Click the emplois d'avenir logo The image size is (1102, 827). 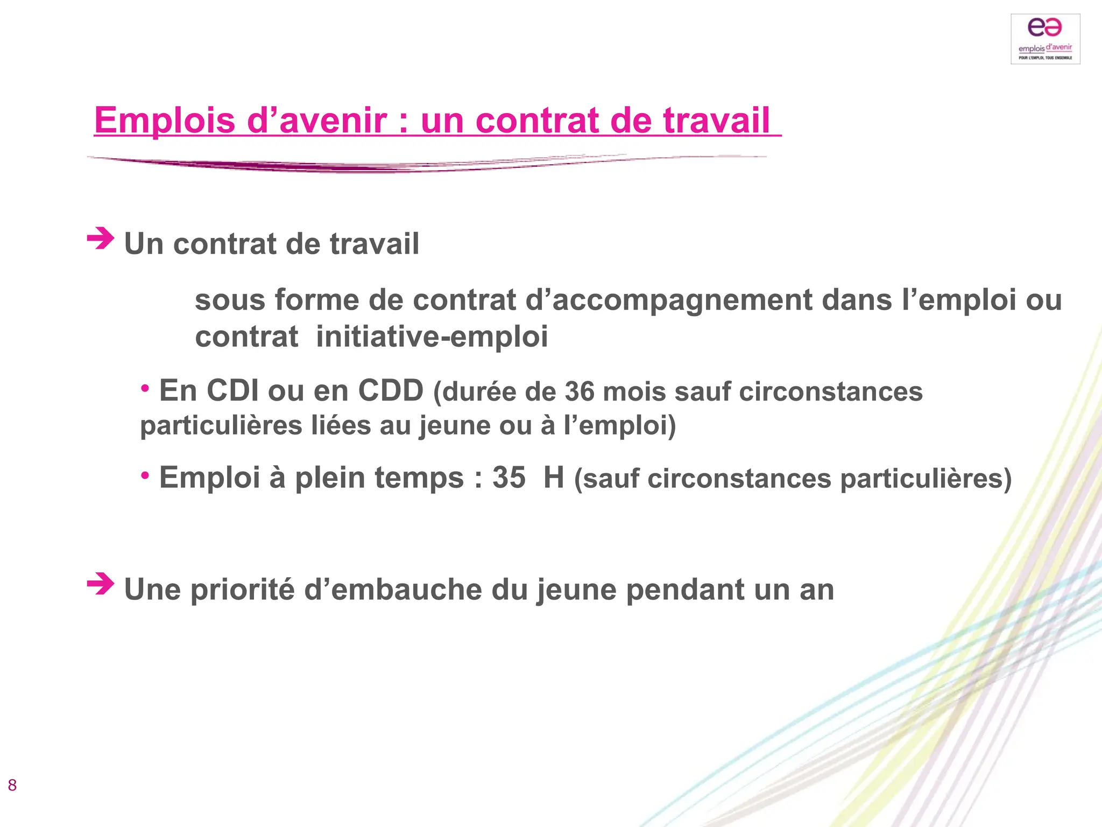[x=1045, y=39]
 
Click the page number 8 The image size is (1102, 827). [x=12, y=785]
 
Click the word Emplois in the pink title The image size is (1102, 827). [x=165, y=120]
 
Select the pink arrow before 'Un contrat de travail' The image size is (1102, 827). [x=101, y=239]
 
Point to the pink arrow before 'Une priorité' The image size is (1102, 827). [x=101, y=584]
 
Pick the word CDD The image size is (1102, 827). [x=391, y=390]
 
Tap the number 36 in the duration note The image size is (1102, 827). [x=580, y=391]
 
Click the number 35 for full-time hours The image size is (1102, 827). [x=508, y=478]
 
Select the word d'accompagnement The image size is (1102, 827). [x=668, y=300]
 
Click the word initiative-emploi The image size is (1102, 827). [x=432, y=337]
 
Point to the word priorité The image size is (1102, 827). [x=242, y=590]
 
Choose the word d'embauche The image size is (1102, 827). [x=393, y=590]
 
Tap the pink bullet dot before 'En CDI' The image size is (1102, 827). [x=145, y=388]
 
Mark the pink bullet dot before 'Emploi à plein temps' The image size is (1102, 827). [x=145, y=475]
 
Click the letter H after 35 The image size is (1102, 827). [x=554, y=478]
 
